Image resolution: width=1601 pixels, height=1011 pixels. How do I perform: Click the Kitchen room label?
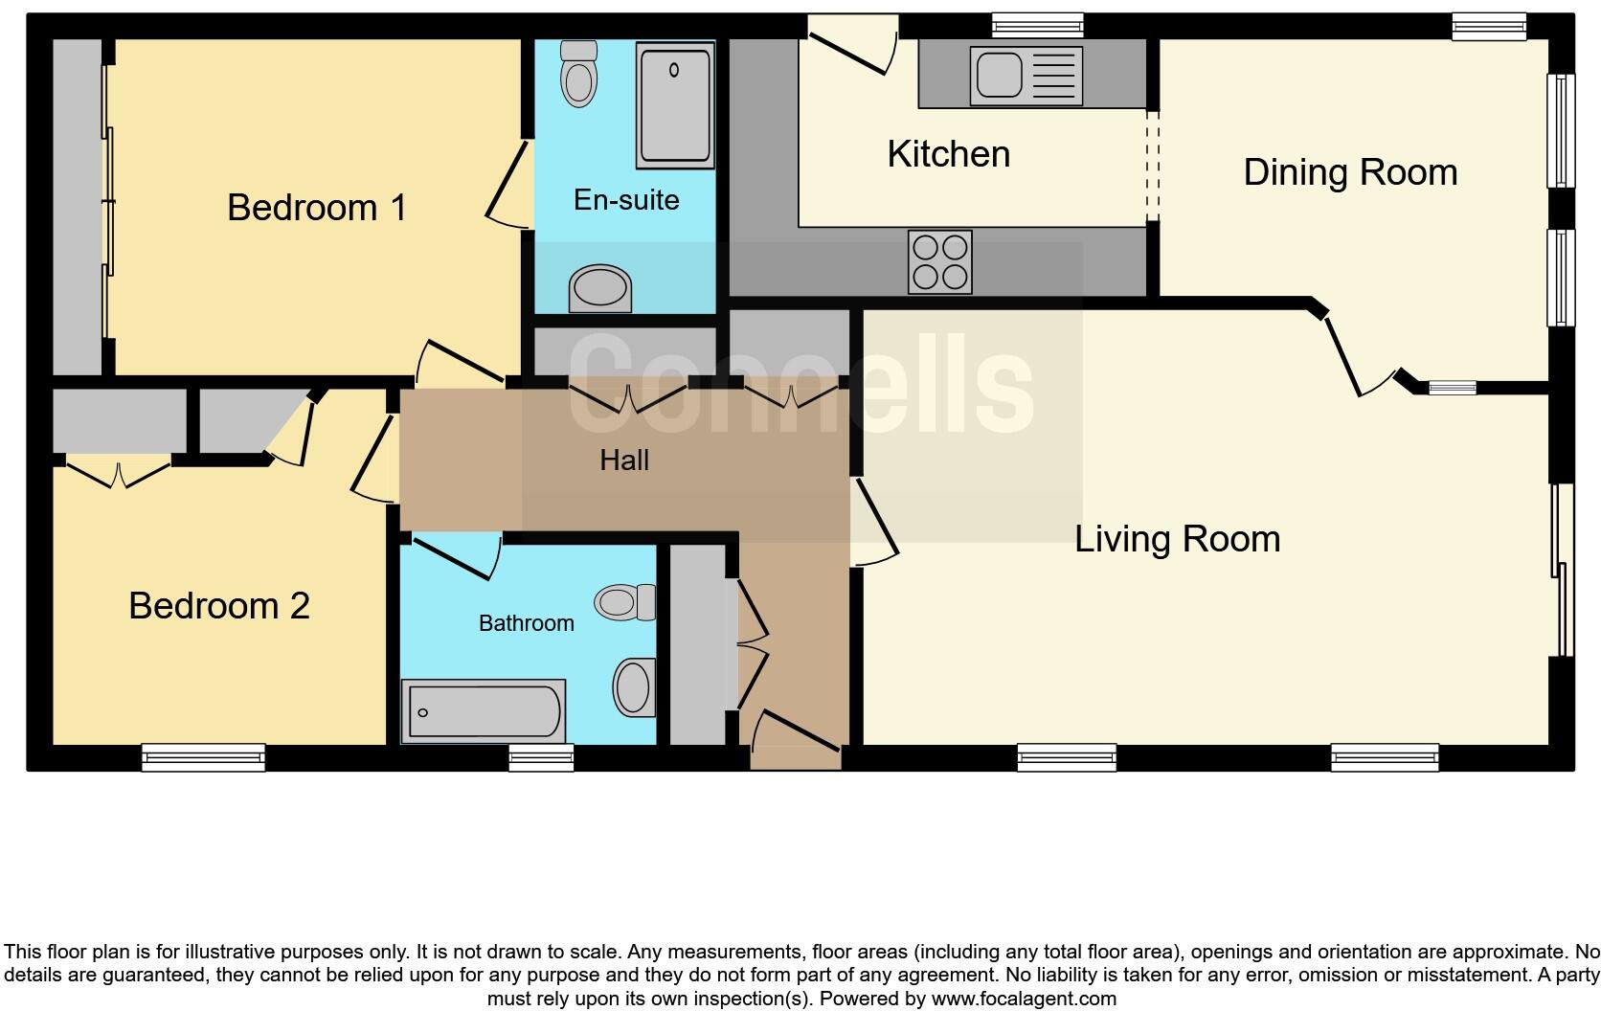948,154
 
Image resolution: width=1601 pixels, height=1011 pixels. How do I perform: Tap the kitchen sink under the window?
1026,76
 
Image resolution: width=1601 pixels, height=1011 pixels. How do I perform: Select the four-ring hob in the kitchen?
939,261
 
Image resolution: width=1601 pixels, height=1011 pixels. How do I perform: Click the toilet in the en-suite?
578,74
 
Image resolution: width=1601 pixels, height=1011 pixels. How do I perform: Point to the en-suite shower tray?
675,107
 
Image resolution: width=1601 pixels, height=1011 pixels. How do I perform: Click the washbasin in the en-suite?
600,288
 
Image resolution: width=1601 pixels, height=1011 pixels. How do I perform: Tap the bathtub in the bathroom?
483,711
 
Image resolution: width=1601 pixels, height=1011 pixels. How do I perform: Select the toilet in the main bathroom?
624,602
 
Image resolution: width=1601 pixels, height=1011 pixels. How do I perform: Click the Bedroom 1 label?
317,208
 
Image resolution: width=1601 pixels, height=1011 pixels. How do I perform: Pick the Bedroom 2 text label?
219,606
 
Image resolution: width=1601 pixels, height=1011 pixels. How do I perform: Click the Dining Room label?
1350,173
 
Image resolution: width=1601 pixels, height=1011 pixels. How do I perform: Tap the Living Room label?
1177,539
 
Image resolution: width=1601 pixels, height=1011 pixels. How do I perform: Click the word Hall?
624,461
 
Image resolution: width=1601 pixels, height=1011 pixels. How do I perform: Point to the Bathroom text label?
526,623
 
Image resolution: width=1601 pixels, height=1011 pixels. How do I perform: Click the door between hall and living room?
875,522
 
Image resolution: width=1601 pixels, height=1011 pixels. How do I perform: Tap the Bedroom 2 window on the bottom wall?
203,757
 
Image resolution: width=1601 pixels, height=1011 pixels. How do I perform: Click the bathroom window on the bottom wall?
541,758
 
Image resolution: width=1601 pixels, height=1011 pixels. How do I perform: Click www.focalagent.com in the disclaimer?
1024,999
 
